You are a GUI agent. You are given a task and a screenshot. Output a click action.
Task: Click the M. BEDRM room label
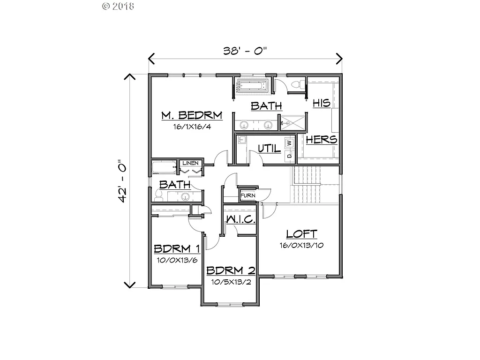pyautogui.click(x=191, y=116)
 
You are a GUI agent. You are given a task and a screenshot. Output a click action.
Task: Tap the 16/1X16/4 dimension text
pyautogui.click(x=191, y=127)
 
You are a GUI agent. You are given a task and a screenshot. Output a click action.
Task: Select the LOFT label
pyautogui.click(x=302, y=234)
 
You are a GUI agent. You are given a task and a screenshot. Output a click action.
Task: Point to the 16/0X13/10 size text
pyautogui.click(x=302, y=245)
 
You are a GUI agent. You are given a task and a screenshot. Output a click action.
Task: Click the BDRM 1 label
pyautogui.click(x=177, y=248)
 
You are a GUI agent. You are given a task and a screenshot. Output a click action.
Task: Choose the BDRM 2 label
pyautogui.click(x=231, y=270)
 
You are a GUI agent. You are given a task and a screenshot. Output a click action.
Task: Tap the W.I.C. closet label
pyautogui.click(x=240, y=219)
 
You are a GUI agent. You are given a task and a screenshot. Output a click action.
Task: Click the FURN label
pyautogui.click(x=247, y=195)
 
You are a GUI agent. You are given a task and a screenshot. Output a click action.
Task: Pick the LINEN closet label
pyautogui.click(x=191, y=163)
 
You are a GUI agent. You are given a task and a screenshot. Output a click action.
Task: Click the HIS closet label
pyautogui.click(x=322, y=103)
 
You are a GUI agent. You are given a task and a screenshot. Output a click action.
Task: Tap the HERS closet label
pyautogui.click(x=321, y=139)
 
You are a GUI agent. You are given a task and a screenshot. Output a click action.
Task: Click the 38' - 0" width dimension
pyautogui.click(x=246, y=51)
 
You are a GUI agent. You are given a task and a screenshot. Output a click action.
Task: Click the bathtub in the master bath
pyautogui.click(x=252, y=86)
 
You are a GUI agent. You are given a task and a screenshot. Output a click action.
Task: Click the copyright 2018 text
pyautogui.click(x=118, y=6)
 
